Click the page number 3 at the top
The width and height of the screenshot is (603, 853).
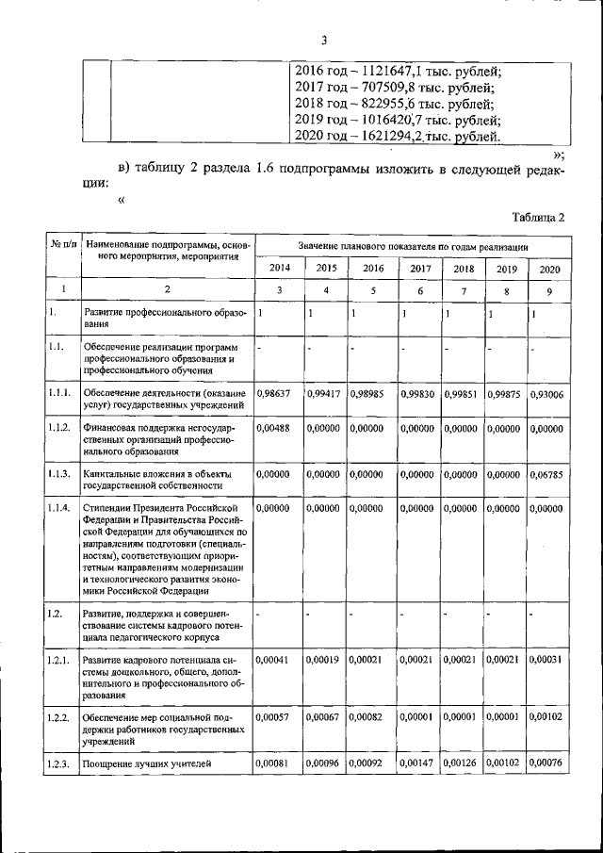click(x=323, y=41)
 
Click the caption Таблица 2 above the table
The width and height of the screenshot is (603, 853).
click(x=538, y=217)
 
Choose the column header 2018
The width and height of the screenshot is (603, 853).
click(x=463, y=268)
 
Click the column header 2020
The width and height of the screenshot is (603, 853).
click(x=548, y=268)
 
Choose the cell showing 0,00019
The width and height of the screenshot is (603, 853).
click(x=325, y=660)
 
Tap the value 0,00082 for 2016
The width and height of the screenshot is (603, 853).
click(x=367, y=718)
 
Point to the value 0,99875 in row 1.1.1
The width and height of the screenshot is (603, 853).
click(x=504, y=394)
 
